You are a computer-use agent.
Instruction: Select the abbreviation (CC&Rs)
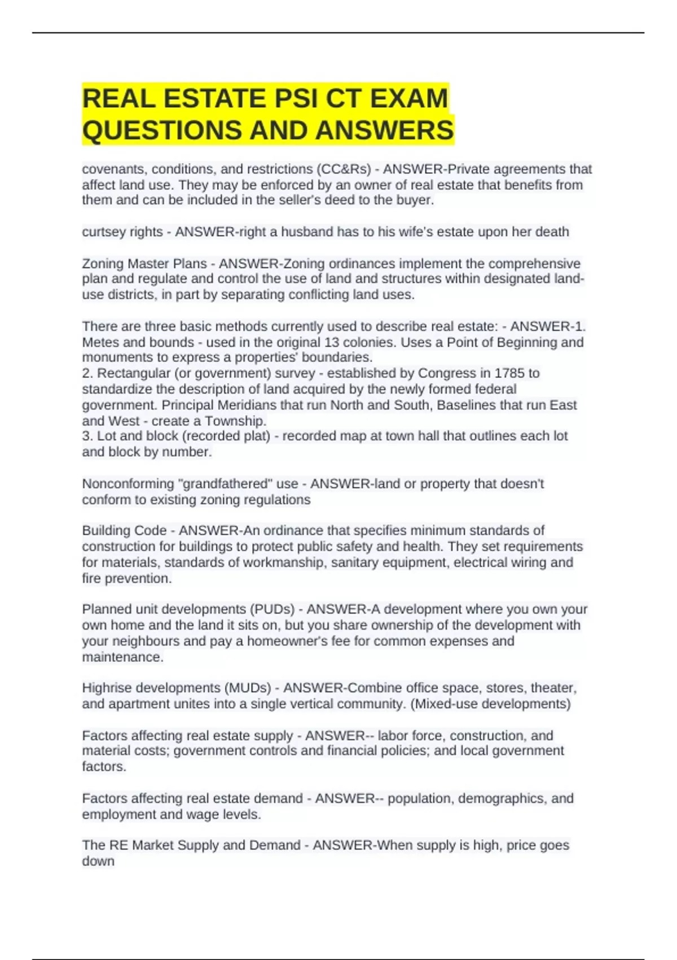(344, 169)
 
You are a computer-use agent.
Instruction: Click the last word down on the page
(98, 861)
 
